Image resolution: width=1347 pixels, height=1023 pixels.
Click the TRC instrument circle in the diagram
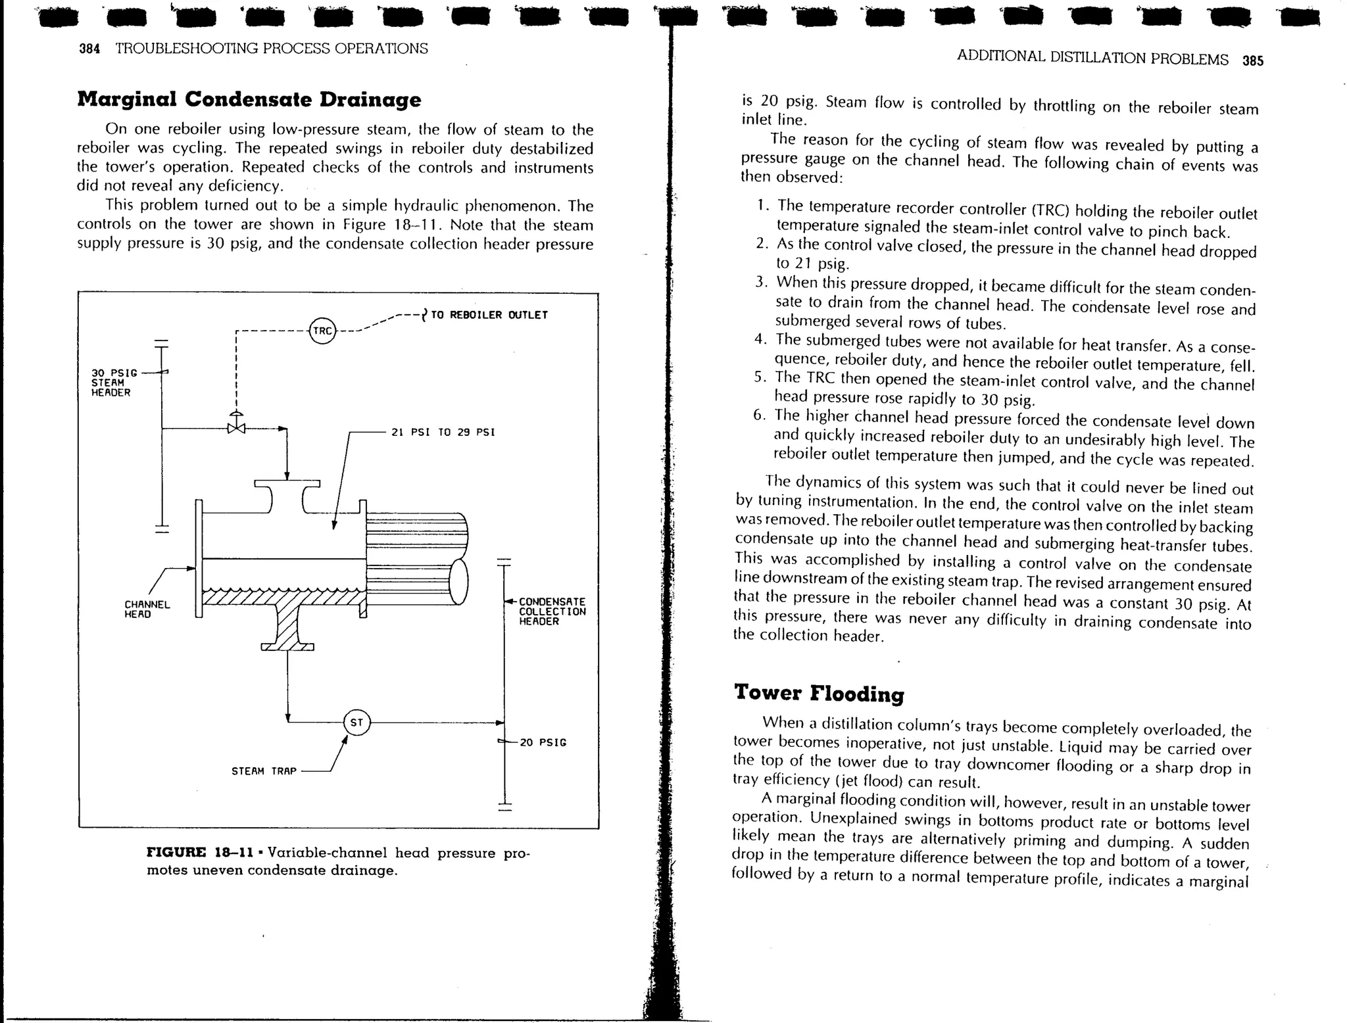pos(322,331)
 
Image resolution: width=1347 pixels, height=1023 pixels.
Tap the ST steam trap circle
pos(356,723)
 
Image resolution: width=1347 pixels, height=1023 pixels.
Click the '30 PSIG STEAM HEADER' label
pos(114,383)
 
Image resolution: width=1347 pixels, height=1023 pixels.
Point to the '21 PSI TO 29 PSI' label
pos(443,433)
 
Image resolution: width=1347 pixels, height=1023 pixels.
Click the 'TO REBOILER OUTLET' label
pos(489,315)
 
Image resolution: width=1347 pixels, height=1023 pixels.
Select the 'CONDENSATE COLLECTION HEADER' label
pos(552,611)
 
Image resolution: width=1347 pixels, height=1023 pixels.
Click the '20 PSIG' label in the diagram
pos(543,742)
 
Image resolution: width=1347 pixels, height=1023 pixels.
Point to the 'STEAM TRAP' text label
pos(264,771)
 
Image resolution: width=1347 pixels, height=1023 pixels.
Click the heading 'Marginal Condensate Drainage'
pos(249,99)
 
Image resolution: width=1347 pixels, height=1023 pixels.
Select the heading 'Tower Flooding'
pos(819,693)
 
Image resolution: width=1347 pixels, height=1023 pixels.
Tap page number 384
pos(89,49)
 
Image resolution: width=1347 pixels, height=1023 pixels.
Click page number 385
pos(1253,61)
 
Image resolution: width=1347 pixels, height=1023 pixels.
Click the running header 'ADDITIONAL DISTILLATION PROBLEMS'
pos(1092,58)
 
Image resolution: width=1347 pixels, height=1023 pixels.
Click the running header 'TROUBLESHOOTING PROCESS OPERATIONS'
pos(272,49)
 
